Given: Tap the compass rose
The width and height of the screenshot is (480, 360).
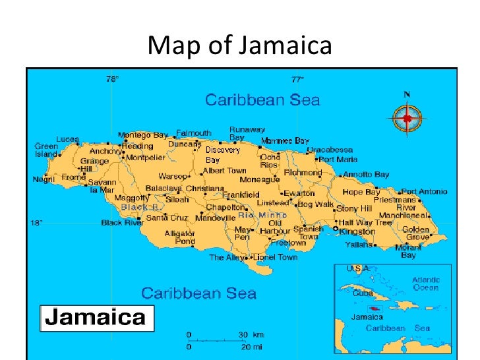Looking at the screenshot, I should [x=407, y=119].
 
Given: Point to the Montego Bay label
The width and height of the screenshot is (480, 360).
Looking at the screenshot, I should [x=143, y=135].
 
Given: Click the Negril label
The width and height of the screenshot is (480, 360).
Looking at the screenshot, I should [x=44, y=179].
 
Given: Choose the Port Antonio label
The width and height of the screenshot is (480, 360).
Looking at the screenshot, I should [x=424, y=191].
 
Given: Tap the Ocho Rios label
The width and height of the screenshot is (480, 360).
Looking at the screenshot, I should [x=270, y=161].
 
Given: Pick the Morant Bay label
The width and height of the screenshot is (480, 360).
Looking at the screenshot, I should [x=409, y=251].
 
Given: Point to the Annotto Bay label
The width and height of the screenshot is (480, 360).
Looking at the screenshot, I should [x=366, y=175].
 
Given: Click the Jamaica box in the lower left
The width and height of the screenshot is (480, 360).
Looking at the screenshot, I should [x=97, y=318].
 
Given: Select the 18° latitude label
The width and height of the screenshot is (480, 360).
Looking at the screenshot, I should [x=37, y=223].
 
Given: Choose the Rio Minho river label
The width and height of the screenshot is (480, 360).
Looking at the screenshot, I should [x=262, y=215].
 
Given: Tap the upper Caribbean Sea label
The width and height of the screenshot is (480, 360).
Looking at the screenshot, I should [x=262, y=100].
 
